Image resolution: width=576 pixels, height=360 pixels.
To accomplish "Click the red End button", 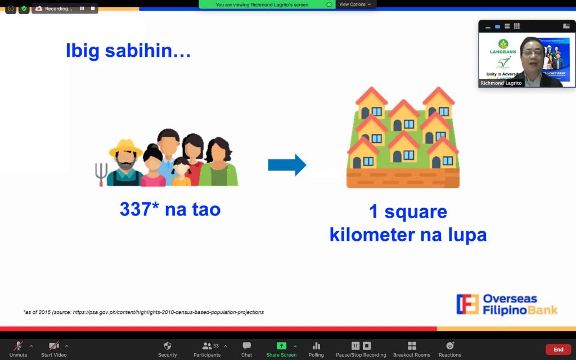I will pos(558,349).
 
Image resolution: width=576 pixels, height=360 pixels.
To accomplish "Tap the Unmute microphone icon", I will pos(18,345).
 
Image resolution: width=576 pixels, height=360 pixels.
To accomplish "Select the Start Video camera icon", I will pos(53,345).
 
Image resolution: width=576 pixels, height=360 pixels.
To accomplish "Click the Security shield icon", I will pos(167,345).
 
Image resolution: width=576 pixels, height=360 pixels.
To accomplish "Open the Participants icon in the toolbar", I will pos(207,345).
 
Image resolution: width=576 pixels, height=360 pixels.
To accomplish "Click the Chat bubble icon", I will pos(246,345).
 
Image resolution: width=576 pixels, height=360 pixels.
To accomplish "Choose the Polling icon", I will pos(316,345).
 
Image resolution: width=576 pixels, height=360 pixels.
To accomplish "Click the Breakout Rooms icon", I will pos(412,345).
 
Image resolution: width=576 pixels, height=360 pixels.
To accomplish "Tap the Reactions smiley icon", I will pos(449,345).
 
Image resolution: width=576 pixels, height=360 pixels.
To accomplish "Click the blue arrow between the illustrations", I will pos(287,165).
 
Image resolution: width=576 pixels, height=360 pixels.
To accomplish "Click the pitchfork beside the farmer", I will pos(101,174).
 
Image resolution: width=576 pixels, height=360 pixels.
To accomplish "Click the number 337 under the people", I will pos(135,209).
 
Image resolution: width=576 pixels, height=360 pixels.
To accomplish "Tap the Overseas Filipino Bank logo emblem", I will pos(467,304).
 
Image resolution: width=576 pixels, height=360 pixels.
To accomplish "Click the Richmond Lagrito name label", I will pos(501,83).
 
